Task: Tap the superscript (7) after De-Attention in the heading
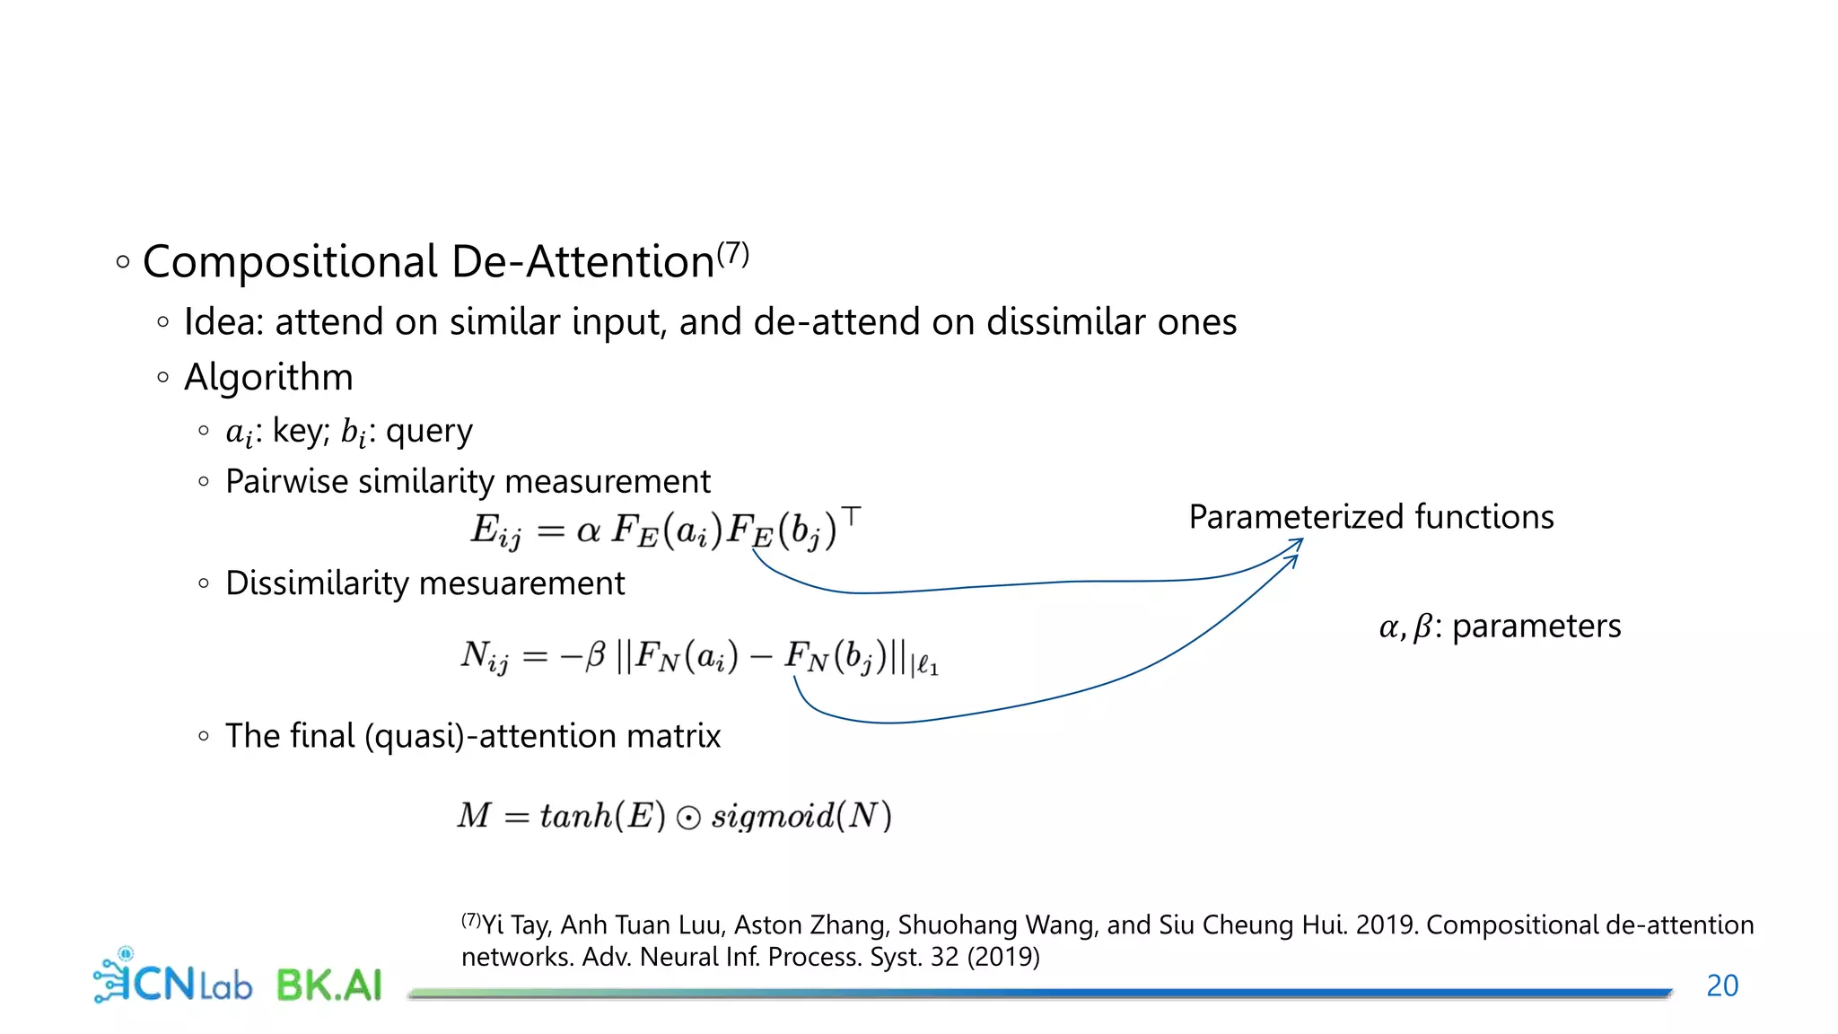[732, 254]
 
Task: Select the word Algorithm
[268, 377]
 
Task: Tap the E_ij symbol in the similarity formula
[495, 530]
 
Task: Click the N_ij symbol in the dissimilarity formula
[485, 656]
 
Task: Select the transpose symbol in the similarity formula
[852, 516]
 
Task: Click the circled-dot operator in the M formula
[688, 818]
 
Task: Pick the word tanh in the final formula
[575, 816]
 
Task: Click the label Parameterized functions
[1370, 517]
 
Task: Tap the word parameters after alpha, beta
[1536, 626]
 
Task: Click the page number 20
[1721, 986]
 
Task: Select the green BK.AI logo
[329, 985]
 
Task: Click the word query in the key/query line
[429, 432]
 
